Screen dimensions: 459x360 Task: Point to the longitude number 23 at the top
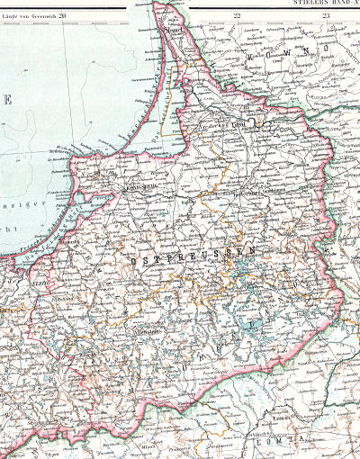pyautogui.click(x=326, y=15)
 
